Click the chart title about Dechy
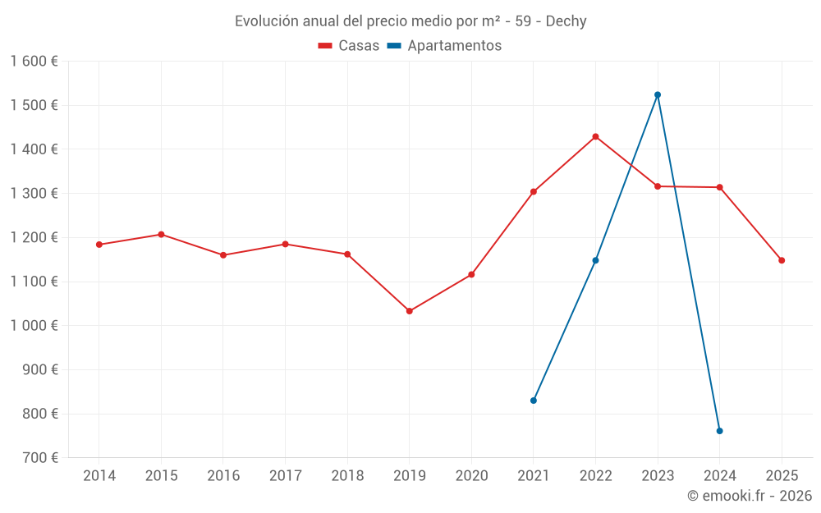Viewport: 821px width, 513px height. click(410, 21)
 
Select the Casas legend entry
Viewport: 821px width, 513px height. click(349, 46)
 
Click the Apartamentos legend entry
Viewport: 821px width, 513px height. click(444, 46)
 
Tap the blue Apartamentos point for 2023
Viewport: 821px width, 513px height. click(658, 95)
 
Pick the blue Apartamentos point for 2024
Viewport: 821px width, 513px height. click(719, 431)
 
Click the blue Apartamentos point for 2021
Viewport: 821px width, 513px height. click(534, 401)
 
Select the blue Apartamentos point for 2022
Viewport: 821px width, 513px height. click(595, 260)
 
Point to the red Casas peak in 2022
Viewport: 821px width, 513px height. click(595, 136)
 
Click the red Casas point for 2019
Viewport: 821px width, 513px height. click(409, 311)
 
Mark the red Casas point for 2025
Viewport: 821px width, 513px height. click(782, 260)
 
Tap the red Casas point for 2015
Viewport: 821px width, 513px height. click(161, 235)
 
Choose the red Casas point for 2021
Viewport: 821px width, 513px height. click(534, 192)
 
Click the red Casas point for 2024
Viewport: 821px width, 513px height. click(719, 187)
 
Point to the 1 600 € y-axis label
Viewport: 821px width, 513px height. click(34, 62)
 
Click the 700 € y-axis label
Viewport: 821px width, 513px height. click(39, 458)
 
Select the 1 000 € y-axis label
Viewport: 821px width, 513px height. click(34, 326)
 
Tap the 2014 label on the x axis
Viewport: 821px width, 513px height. click(99, 476)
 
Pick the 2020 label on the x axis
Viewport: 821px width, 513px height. click(471, 476)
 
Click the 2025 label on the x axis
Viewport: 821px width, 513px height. click(782, 476)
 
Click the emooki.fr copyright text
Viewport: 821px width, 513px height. click(749, 496)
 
